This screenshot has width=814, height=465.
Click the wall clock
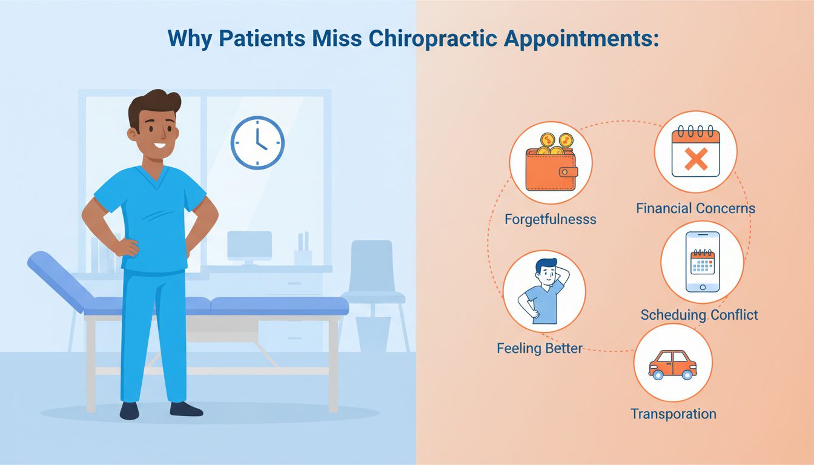[x=257, y=142]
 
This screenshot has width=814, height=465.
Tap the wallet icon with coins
[x=551, y=163]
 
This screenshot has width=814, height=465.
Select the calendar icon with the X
[x=696, y=152]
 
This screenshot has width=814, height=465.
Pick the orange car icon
[x=672, y=364]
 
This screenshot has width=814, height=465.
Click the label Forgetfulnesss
[x=551, y=219]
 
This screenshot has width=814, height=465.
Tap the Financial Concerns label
[x=696, y=209]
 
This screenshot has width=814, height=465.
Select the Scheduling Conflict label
[x=699, y=315]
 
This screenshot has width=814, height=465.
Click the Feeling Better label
[x=540, y=348]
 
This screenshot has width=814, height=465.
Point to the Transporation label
[x=673, y=414]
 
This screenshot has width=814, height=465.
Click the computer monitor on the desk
[x=250, y=246]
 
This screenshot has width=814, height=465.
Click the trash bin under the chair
[x=372, y=333]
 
